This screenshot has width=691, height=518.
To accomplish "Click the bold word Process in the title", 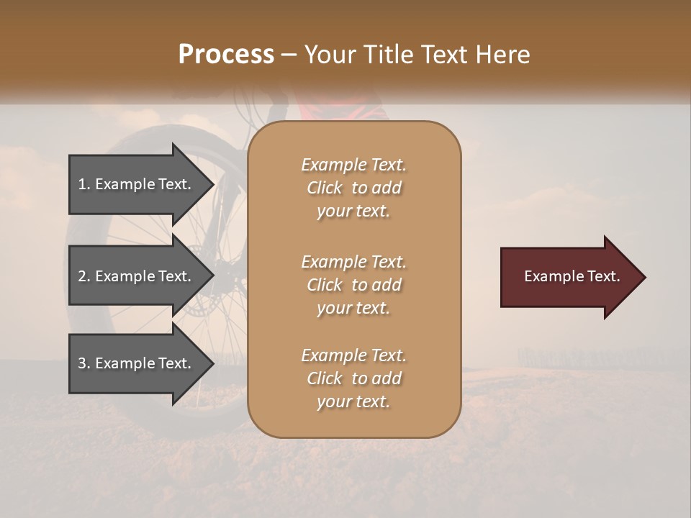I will point(226,55).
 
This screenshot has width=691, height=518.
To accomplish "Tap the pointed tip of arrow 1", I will point(212,184).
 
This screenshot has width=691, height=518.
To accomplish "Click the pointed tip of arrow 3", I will point(212,363).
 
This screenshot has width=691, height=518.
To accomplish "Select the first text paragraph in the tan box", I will point(353,188).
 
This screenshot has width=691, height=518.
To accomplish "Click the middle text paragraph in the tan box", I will point(353,285).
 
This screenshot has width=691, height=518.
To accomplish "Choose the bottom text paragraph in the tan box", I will point(353,378).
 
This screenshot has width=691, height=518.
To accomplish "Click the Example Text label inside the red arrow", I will point(572,276).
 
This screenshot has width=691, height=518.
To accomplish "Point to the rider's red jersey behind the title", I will point(338,108).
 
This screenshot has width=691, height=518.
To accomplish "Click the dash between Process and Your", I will point(289,55).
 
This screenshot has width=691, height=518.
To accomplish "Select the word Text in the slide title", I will point(441,55).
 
